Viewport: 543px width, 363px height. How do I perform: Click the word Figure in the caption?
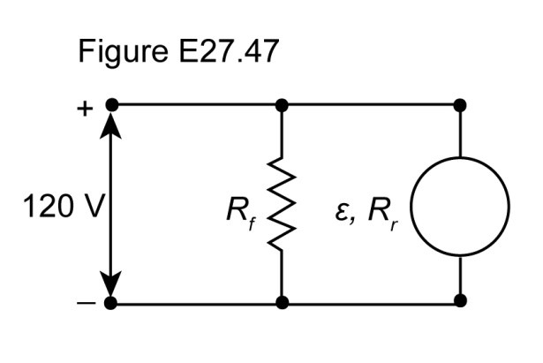click(x=117, y=55)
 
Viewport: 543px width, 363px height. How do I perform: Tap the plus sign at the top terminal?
click(x=86, y=110)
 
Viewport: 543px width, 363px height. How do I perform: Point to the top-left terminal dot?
click(x=111, y=105)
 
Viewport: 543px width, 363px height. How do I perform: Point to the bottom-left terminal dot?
click(x=111, y=304)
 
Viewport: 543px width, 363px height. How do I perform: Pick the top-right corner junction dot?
click(x=460, y=105)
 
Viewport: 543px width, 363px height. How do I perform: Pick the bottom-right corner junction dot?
click(x=460, y=300)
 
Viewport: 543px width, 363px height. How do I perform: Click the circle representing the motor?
click(x=460, y=207)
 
